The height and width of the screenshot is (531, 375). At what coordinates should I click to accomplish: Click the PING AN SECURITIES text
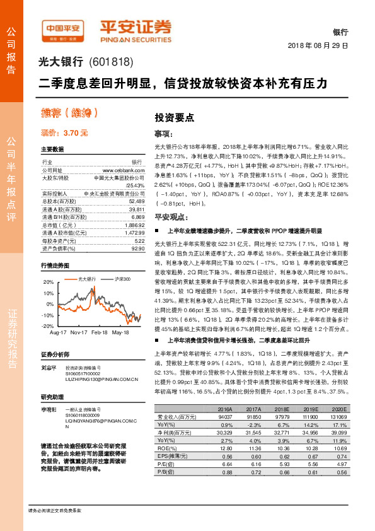tap(136, 37)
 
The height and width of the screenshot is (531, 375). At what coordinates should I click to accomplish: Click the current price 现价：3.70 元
tap(64, 133)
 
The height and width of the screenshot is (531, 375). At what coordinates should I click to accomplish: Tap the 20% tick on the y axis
tap(48, 283)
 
